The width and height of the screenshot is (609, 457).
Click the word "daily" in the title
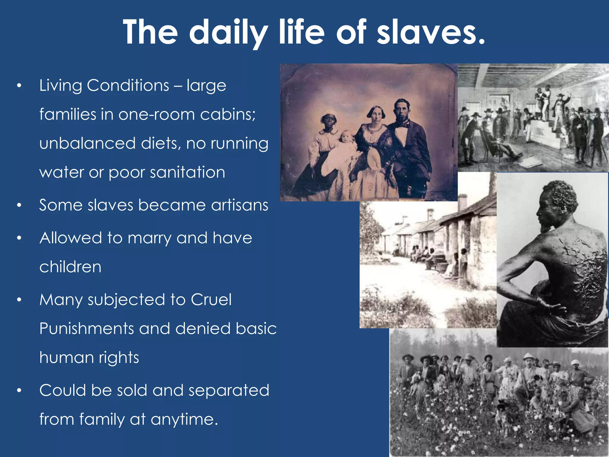pyautogui.click(x=228, y=32)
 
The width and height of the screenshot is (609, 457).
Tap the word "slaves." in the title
pyautogui.click(x=431, y=32)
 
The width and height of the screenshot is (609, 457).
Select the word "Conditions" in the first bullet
pyautogui.click(x=128, y=86)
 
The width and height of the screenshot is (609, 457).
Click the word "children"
pyautogui.click(x=70, y=267)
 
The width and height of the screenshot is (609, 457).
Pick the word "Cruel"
pyautogui.click(x=211, y=300)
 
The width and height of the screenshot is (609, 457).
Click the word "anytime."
pyautogui.click(x=184, y=420)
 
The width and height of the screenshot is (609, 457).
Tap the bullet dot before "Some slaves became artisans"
pyautogui.click(x=19, y=205)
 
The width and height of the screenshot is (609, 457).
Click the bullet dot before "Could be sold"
pyautogui.click(x=19, y=391)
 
